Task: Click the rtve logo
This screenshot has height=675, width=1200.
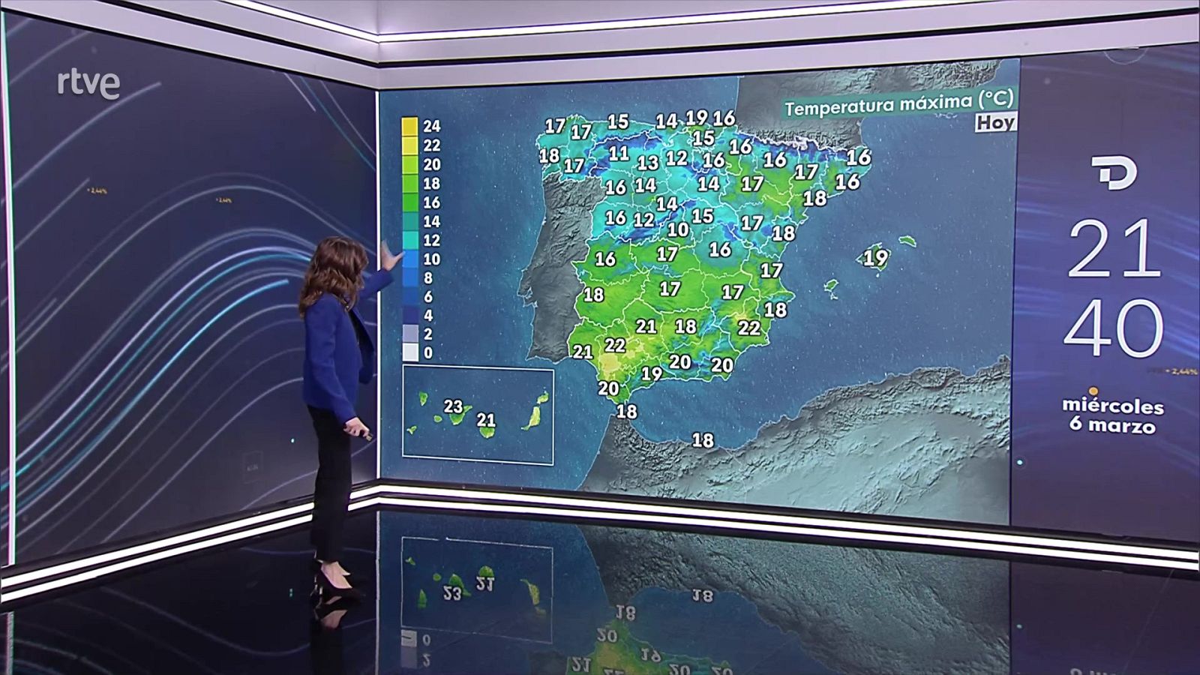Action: pos(88,84)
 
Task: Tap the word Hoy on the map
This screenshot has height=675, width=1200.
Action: pos(995,122)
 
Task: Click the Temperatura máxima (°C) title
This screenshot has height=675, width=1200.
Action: pos(898,103)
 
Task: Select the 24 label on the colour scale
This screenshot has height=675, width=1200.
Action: pos(431,126)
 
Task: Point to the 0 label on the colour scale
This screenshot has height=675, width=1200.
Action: pos(427,353)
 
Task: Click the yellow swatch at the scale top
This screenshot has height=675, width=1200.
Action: pos(409,127)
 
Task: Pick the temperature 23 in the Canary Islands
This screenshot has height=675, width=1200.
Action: pos(453,406)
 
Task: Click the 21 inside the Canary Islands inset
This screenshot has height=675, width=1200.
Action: pos(486,421)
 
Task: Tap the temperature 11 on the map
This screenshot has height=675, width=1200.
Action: pos(619,154)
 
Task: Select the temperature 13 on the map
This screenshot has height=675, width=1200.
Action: pos(647,163)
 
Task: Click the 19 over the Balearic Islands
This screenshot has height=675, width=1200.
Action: pos(875,258)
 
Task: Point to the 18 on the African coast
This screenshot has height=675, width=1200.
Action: pos(703,440)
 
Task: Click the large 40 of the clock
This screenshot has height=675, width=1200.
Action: pos(1113,328)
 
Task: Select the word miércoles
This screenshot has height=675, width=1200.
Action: pos(1112,406)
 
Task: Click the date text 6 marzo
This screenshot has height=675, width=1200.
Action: pos(1112,425)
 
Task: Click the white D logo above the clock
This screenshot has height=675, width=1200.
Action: pos(1114,173)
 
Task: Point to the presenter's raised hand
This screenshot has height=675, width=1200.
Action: pos(389,257)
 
